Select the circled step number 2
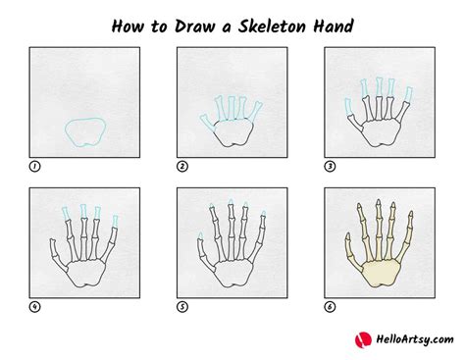[181, 167]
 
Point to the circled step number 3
[329, 167]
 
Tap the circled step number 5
[181, 305]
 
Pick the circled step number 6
[329, 305]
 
